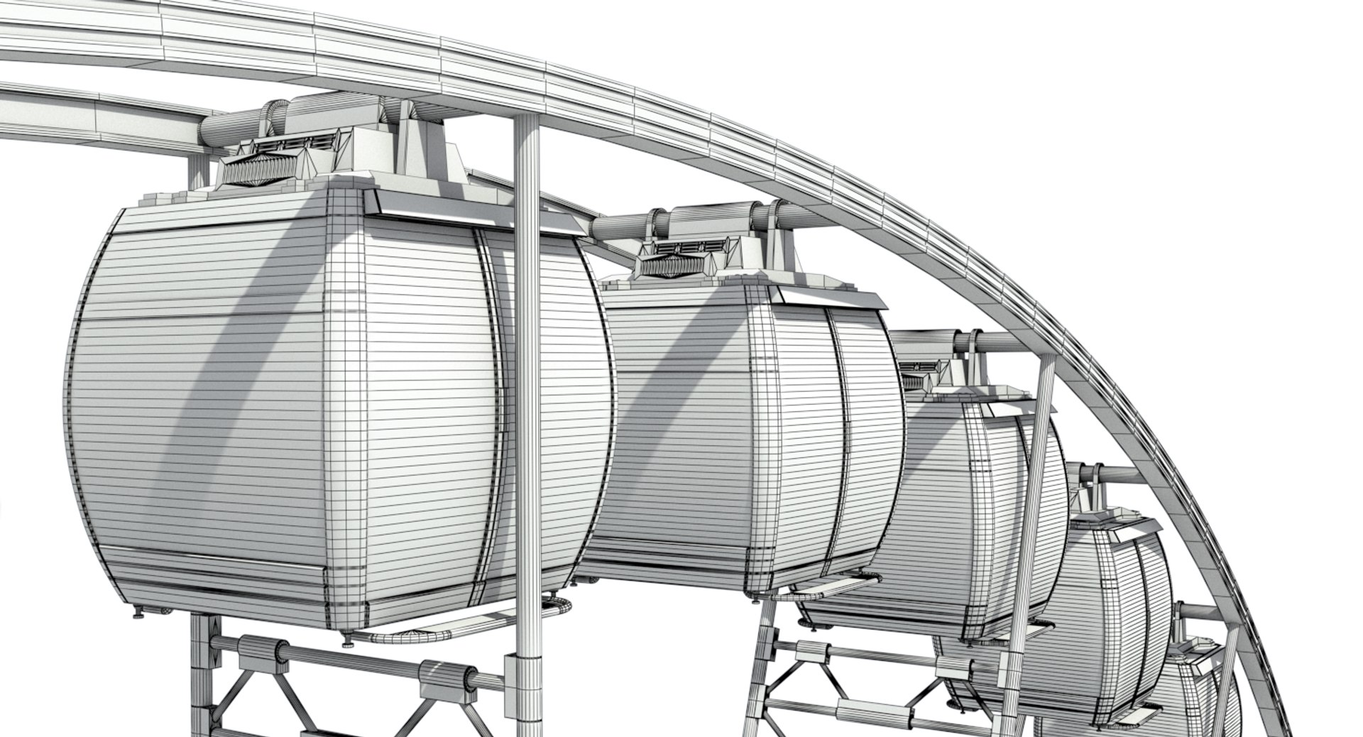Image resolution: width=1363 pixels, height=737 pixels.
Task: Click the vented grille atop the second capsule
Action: pyautogui.click(x=685, y=246)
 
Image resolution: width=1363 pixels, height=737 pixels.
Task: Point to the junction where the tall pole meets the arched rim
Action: pyautogui.click(x=526, y=118)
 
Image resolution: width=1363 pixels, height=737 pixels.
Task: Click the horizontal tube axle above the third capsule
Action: pyautogui.click(x=994, y=344)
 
